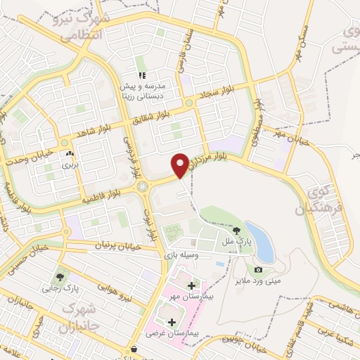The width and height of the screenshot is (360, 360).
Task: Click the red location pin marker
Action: pos(180,164)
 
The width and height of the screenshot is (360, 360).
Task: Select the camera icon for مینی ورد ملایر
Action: pos(258,269)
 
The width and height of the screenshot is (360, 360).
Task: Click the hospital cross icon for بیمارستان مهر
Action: pos(192,285)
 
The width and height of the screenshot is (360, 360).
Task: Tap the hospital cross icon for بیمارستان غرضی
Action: pos(172,321)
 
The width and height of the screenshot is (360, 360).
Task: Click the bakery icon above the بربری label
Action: pos(69,154)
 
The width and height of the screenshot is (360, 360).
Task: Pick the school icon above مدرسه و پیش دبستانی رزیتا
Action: pos(141,75)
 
